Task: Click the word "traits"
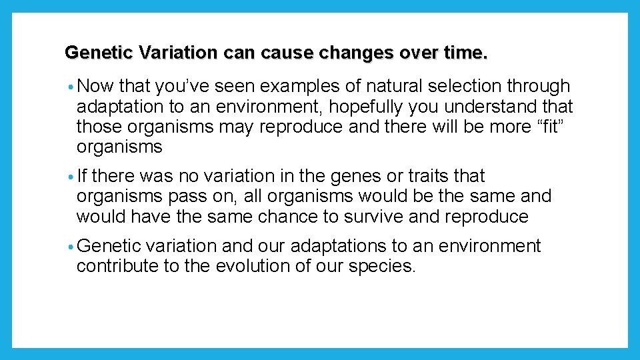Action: pyautogui.click(x=415, y=176)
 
